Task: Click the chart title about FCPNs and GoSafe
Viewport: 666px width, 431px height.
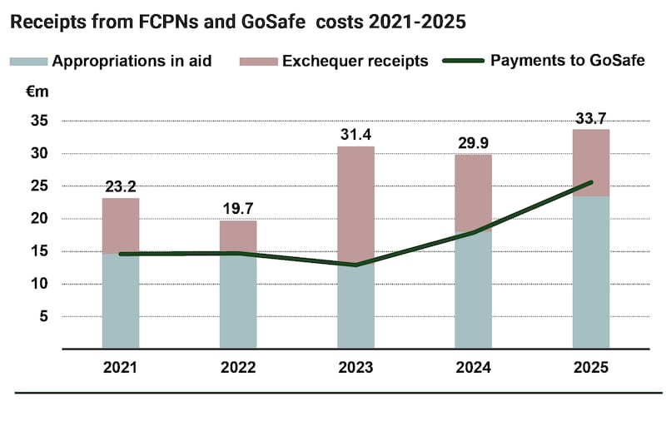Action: [x=238, y=22]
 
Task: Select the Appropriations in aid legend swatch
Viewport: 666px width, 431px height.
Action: [x=29, y=62]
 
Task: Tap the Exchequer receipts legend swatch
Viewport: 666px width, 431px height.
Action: [x=258, y=62]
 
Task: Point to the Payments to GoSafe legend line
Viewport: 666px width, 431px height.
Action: [x=464, y=61]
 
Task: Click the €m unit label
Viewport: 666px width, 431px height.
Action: [x=37, y=92]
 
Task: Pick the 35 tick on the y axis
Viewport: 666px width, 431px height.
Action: [x=39, y=121]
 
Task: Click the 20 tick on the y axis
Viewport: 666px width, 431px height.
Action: [x=39, y=218]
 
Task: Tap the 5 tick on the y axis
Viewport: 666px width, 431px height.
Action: [x=44, y=316]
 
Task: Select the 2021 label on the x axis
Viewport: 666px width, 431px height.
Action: [x=120, y=367]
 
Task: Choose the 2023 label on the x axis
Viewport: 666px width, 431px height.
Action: [x=355, y=367]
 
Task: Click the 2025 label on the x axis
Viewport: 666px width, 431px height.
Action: [x=591, y=367]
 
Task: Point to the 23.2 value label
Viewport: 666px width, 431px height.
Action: [x=121, y=186]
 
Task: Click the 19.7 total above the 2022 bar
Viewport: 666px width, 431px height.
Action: [x=238, y=209]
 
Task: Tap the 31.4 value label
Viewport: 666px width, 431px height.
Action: [x=356, y=135]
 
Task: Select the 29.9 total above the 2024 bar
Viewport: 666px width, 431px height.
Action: [x=473, y=143]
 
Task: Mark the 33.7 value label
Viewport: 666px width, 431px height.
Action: [x=591, y=118]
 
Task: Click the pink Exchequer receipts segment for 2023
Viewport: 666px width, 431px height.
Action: [x=356, y=206]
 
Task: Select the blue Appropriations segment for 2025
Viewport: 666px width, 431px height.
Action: [x=591, y=273]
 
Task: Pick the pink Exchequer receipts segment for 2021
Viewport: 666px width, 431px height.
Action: [x=121, y=226]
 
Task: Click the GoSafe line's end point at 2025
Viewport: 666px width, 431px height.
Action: [x=591, y=182]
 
